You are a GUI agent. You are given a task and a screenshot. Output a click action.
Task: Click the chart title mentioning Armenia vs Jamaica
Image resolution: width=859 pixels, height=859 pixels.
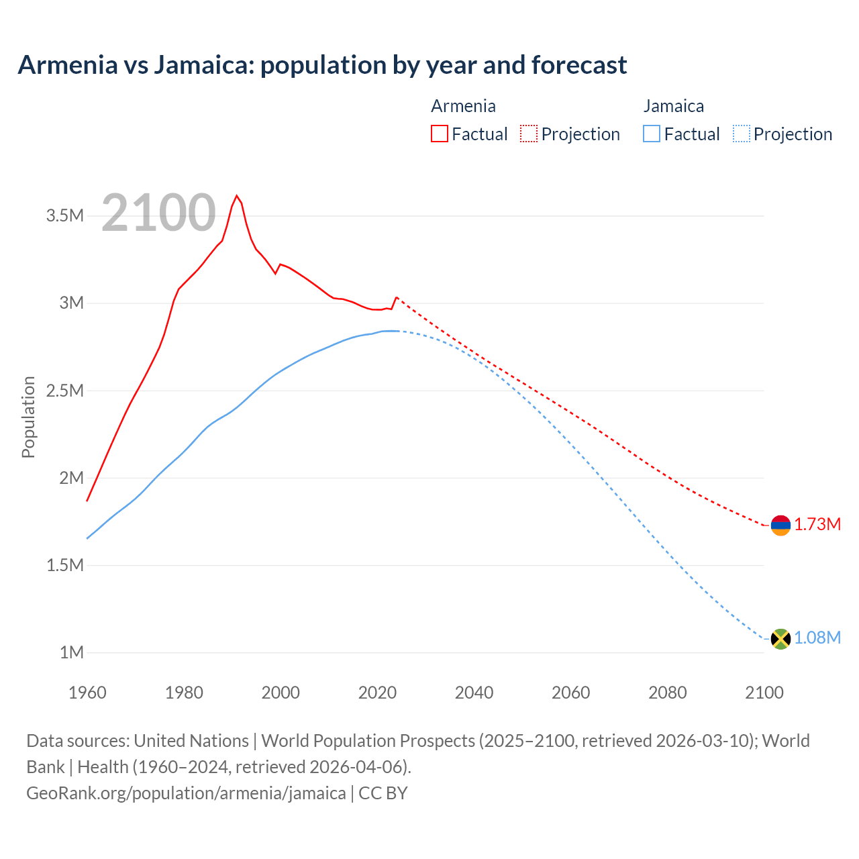[322, 65]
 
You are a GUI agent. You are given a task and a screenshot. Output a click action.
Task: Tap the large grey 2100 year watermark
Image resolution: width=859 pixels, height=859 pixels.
[159, 213]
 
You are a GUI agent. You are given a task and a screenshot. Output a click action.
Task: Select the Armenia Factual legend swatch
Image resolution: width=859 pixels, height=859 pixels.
[440, 134]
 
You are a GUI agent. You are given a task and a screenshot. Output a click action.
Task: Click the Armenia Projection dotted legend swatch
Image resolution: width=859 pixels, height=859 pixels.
[529, 134]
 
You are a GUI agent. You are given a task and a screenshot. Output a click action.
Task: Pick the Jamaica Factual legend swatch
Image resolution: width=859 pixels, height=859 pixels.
[652, 134]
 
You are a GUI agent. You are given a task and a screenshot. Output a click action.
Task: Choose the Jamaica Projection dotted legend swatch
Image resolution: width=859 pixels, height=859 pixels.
[741, 134]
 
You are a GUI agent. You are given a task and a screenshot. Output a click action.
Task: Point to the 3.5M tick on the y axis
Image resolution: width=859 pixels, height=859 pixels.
[65, 215]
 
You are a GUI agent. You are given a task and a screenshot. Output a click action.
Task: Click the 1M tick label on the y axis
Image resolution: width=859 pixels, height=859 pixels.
[71, 652]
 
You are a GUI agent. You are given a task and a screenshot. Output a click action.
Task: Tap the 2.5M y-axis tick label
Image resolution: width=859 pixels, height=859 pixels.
[65, 391]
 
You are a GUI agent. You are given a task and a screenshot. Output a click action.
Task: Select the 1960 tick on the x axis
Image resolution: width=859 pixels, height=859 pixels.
[87, 693]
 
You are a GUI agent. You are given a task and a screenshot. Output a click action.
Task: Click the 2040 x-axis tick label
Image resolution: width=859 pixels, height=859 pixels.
[474, 693]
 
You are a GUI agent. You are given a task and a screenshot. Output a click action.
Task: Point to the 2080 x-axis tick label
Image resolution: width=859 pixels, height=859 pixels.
[667, 693]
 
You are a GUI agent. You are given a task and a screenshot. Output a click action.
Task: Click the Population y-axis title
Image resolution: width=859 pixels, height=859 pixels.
[28, 417]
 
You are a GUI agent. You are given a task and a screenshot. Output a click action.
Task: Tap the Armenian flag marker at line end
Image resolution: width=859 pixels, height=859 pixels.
[780, 525]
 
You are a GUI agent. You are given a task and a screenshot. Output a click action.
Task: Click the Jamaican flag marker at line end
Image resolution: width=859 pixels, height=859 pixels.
[780, 639]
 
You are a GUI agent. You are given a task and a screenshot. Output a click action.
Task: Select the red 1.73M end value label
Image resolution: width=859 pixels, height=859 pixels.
[817, 525]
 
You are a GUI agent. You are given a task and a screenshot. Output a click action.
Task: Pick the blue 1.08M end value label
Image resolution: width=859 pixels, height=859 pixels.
[817, 638]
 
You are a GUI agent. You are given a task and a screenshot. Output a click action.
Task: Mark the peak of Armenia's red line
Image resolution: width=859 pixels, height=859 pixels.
[236, 196]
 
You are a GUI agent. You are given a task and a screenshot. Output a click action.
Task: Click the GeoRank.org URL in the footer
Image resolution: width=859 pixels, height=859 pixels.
[186, 793]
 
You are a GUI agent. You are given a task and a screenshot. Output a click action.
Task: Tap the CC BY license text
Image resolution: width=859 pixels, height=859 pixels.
[383, 793]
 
